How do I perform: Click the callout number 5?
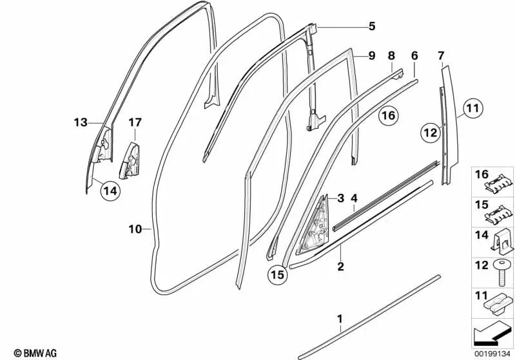point(371,26)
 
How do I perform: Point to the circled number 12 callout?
point(431,133)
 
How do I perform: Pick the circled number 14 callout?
point(110,190)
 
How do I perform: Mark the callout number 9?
point(371,56)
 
